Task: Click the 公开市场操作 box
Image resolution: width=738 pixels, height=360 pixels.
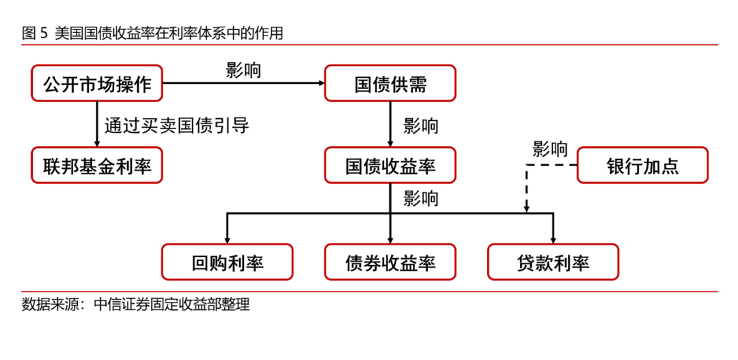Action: pyautogui.click(x=97, y=83)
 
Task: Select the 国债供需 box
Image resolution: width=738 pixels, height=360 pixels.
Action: pyautogui.click(x=390, y=83)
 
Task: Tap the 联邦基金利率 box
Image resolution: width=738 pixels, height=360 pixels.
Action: pyautogui.click(x=97, y=165)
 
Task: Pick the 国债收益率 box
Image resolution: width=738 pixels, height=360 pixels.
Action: pyautogui.click(x=390, y=165)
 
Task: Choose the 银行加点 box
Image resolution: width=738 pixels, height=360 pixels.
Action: pyautogui.click(x=642, y=165)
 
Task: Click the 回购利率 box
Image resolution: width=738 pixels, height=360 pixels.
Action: pyautogui.click(x=228, y=262)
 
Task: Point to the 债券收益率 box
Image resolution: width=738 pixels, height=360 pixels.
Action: pyautogui.click(x=390, y=262)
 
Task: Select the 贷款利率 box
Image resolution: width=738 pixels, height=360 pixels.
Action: pyautogui.click(x=553, y=262)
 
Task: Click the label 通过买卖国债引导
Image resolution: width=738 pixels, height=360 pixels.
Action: pyautogui.click(x=176, y=126)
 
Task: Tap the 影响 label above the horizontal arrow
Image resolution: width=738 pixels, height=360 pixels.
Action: pyautogui.click(x=243, y=70)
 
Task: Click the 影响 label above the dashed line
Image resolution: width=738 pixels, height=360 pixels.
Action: pyautogui.click(x=549, y=149)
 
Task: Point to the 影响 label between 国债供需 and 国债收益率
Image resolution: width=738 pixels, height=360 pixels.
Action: pyautogui.click(x=421, y=126)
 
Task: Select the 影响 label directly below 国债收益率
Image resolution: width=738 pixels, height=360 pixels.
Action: pyautogui.click(x=421, y=198)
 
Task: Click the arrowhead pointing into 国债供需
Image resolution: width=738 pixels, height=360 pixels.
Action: pyautogui.click(x=322, y=83)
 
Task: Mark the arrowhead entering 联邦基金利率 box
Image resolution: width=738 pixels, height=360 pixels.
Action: pyautogui.click(x=97, y=144)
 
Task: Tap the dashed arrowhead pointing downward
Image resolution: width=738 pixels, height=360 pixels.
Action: pyautogui.click(x=527, y=210)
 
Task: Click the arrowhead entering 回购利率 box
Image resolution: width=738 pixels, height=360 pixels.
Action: pyautogui.click(x=228, y=241)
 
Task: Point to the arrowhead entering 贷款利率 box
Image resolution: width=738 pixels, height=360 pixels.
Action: pyautogui.click(x=553, y=241)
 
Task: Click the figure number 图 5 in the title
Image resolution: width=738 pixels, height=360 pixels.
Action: pyautogui.click(x=35, y=34)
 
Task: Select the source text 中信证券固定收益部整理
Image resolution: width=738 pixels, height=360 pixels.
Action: pyautogui.click(x=172, y=305)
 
